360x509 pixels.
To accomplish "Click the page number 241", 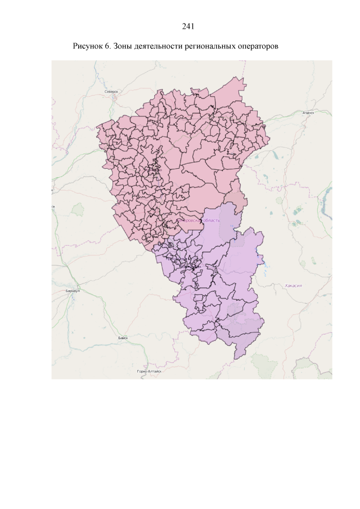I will click(188, 26).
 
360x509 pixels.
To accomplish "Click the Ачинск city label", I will click(307, 112).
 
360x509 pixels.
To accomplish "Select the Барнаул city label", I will click(73, 291).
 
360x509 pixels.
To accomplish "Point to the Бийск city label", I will click(123, 337).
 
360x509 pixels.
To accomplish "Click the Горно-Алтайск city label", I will click(149, 372).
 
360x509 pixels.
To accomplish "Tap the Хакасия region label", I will click(294, 286).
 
